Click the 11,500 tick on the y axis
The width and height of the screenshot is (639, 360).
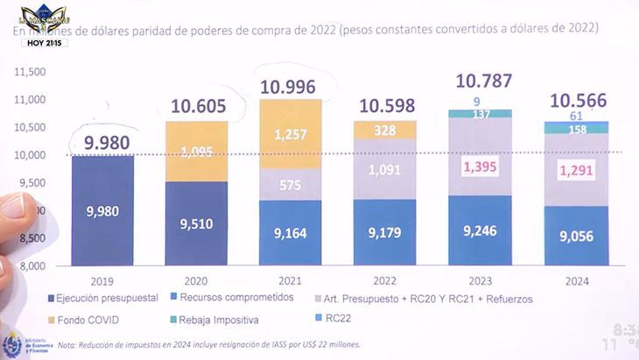30,72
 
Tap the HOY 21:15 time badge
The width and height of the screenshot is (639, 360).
45,42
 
